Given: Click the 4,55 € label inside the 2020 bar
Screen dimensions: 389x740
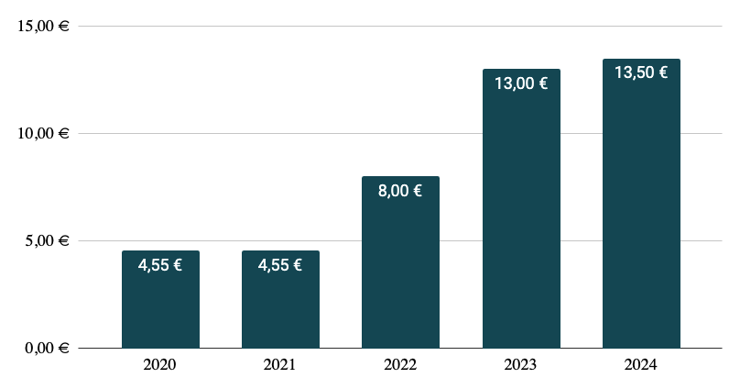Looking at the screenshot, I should click(x=160, y=266).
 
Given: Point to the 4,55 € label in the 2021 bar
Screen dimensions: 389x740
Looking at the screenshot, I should click(x=280, y=266).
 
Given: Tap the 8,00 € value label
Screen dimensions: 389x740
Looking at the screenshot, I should click(x=400, y=192).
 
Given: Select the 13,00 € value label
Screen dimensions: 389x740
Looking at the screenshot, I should click(x=520, y=83).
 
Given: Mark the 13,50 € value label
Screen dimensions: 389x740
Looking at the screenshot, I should click(x=641, y=73).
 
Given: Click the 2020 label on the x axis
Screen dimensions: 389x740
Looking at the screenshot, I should click(x=160, y=365).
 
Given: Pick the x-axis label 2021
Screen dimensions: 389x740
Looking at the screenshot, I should click(x=280, y=365).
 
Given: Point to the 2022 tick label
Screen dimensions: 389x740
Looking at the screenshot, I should click(x=400, y=365).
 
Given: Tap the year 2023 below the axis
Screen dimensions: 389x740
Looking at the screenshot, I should click(x=520, y=365).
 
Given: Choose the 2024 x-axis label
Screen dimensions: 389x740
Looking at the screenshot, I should click(x=641, y=365).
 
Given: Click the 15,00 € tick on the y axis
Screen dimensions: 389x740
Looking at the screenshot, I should click(x=44, y=26).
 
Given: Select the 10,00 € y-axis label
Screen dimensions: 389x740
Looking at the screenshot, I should click(x=44, y=133).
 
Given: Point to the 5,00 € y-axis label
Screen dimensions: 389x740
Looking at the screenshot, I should click(x=48, y=241).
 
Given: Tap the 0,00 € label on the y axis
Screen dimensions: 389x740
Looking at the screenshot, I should click(x=48, y=349).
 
